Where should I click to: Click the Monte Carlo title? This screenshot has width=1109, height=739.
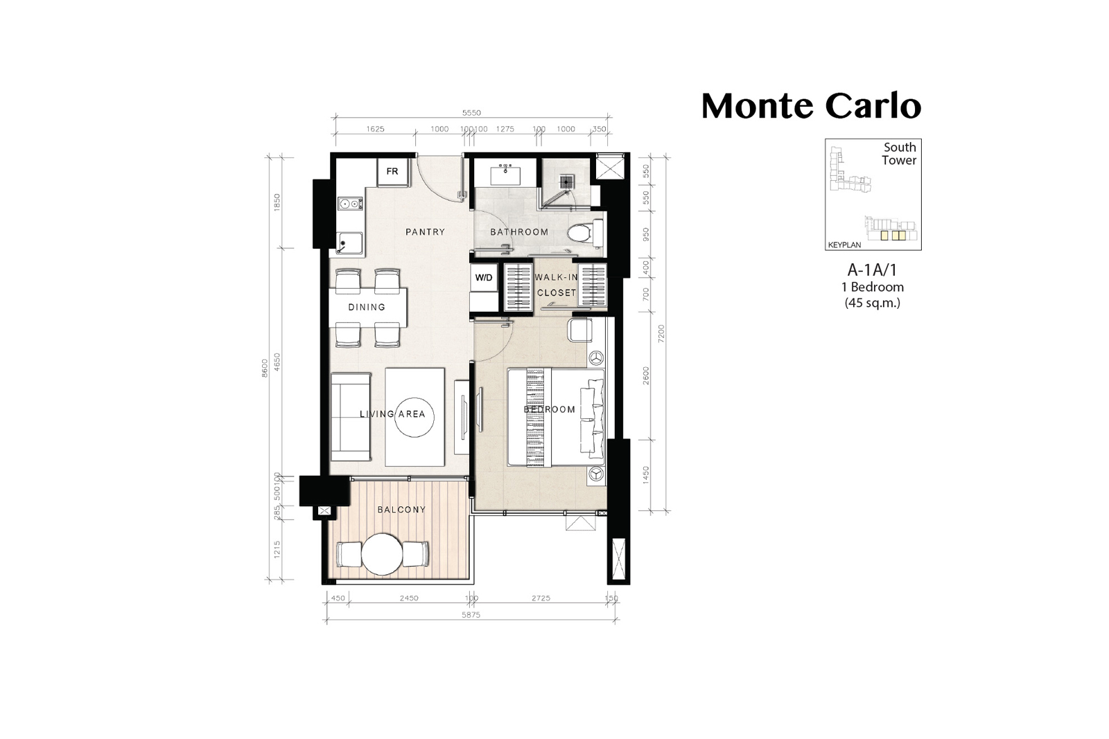pos(811,106)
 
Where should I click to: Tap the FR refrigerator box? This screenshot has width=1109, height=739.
pos(393,172)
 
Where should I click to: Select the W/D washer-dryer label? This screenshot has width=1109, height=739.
pos(484,278)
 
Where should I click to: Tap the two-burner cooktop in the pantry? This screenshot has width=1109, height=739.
pos(350,204)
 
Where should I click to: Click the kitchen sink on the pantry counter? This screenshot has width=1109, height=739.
pos(350,243)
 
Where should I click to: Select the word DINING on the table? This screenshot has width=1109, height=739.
pos(367,308)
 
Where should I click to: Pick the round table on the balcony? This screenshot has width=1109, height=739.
pos(382,554)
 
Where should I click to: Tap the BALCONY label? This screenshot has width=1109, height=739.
pos(401,510)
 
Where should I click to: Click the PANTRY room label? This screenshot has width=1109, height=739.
pos(426,232)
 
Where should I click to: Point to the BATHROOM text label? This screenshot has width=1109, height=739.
pos(519,232)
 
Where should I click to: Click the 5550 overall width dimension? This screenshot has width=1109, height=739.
pos(471,113)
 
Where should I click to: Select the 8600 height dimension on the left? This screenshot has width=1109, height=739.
pos(265,368)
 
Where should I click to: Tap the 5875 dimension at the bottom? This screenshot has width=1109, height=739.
pos(471,615)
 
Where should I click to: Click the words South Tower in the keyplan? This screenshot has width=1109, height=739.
pos(900,154)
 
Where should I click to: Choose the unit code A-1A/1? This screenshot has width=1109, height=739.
pos(873,270)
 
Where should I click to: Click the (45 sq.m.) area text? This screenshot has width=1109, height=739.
pos(873,303)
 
